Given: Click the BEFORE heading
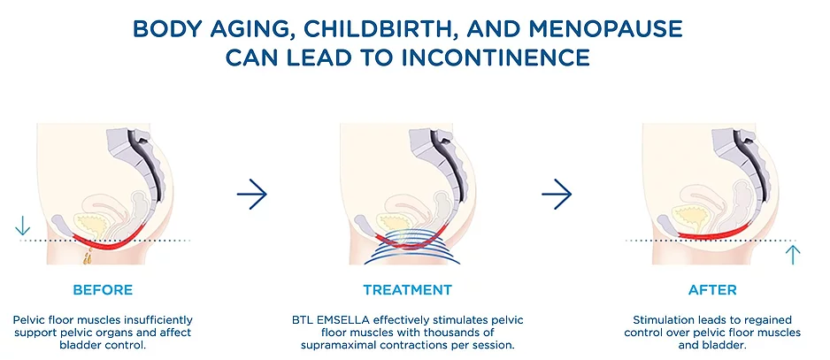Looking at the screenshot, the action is (x=103, y=289).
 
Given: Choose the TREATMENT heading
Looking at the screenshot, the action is (x=408, y=289).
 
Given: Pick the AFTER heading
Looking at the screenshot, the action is (x=712, y=289).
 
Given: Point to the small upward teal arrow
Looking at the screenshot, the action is (x=793, y=254).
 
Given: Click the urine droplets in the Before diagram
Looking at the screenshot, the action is (x=88, y=256).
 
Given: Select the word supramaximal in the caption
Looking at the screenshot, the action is (x=336, y=345).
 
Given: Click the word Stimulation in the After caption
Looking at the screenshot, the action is (x=659, y=320).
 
